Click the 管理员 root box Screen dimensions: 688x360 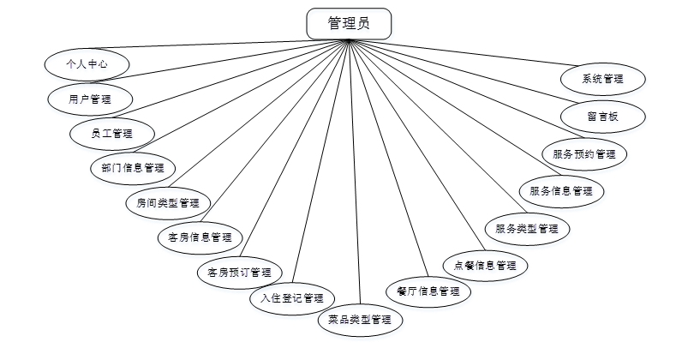tap(349, 24)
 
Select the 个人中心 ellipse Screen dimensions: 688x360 tap(87, 63)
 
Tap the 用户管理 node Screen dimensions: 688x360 tap(89, 99)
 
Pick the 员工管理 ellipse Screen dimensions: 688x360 tap(112, 133)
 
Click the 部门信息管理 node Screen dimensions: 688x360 tap(132, 168)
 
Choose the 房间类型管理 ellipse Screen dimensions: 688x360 tap(167, 203)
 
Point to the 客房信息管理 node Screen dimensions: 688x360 tap(200, 237)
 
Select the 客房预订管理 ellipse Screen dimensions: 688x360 tap(239, 273)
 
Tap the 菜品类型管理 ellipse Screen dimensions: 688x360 tap(360, 320)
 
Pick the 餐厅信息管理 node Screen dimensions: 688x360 tap(428, 291)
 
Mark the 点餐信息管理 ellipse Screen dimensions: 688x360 tap(484, 265)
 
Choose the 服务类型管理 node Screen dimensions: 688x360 tap(527, 229)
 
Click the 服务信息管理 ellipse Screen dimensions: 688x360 tap(561, 190)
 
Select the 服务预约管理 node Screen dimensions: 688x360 tap(584, 154)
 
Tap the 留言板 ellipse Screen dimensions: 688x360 tap(602, 116)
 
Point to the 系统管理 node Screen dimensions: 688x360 tap(602, 79)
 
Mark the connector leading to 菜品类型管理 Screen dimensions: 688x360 tap(355, 171)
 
